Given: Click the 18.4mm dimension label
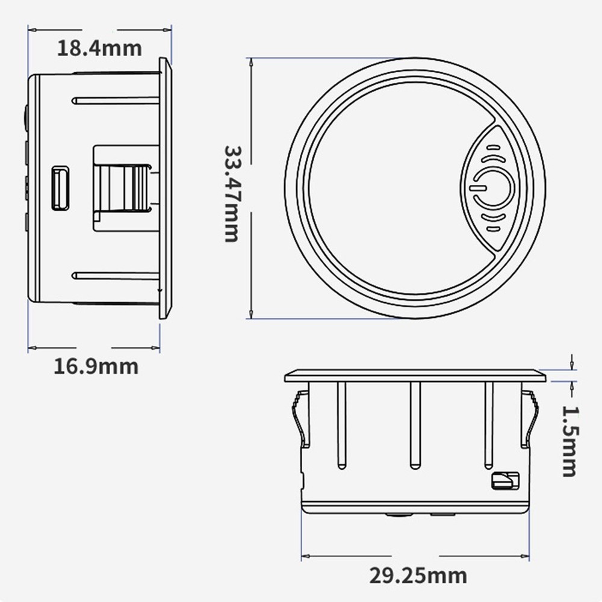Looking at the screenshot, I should pyautogui.click(x=99, y=48).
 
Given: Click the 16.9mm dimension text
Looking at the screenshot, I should pyautogui.click(x=96, y=365).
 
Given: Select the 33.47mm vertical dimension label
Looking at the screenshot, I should pyautogui.click(x=232, y=193).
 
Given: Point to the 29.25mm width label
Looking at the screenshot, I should pyautogui.click(x=418, y=575).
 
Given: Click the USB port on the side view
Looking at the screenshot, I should pyautogui.click(x=60, y=188).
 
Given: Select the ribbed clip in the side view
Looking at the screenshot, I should pyautogui.click(x=123, y=187).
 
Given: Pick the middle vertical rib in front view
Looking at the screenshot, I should pyautogui.click(x=414, y=425).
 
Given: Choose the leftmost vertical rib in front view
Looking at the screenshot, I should pyautogui.click(x=341, y=425).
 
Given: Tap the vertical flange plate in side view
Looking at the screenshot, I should pyautogui.click(x=165, y=188).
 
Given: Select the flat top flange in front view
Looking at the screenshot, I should pyautogui.click(x=415, y=376).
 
